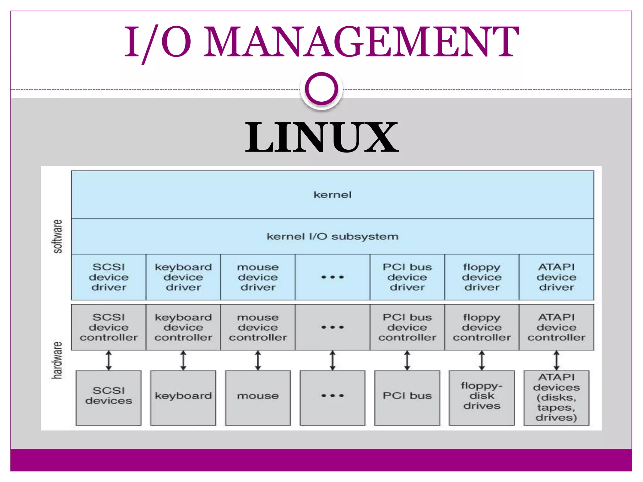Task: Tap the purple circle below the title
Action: point(321,89)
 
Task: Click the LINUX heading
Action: point(321,137)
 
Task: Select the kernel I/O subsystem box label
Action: point(332,236)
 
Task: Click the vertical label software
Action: point(57,236)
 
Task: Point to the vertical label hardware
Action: point(57,360)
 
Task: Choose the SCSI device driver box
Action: point(109,277)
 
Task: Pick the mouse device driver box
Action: point(258,277)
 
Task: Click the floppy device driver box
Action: point(482,277)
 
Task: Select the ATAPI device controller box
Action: point(556,327)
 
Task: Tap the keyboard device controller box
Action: point(183,327)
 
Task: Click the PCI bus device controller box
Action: point(407,327)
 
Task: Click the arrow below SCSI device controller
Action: point(109,360)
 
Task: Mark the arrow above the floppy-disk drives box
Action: point(482,360)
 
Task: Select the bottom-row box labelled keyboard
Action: point(183,397)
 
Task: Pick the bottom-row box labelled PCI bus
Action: point(407,397)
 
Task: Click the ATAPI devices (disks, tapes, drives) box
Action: point(556,397)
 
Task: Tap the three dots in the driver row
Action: point(332,277)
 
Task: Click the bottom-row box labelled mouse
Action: point(258,397)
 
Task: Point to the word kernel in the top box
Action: point(332,195)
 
